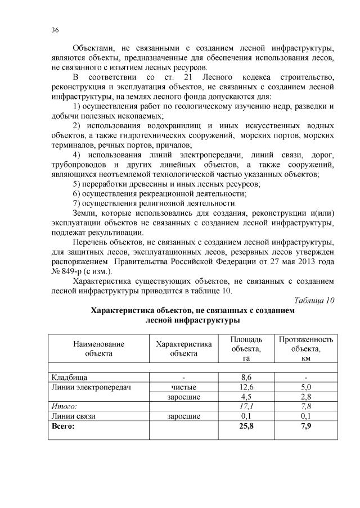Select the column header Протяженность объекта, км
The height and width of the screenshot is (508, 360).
[x=305, y=348]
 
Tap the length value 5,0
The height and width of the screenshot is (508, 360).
[x=305, y=387]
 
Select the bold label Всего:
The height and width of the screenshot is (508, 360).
[x=63, y=427]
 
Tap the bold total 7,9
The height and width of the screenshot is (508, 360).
[x=305, y=427]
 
